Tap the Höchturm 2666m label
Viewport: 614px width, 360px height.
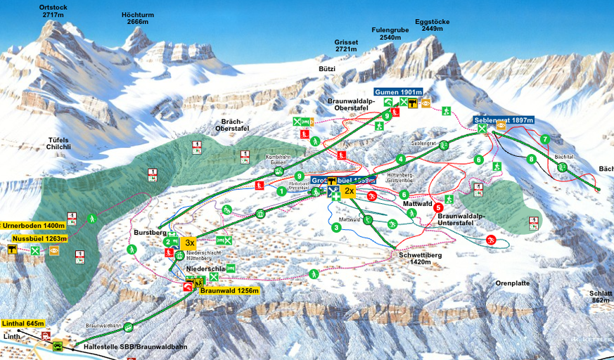click(x=137, y=18)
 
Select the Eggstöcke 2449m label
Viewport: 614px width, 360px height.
click(x=432, y=25)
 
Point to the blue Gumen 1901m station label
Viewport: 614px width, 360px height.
click(x=398, y=92)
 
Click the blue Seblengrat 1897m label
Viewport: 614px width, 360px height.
click(x=504, y=120)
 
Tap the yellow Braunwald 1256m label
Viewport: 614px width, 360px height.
click(x=229, y=290)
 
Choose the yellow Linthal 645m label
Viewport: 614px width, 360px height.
click(x=23, y=323)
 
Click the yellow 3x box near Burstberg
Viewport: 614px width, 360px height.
click(x=189, y=243)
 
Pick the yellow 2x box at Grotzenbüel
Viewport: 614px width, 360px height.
click(x=349, y=191)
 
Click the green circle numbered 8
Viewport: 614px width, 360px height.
click(x=531, y=159)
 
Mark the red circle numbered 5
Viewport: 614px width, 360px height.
click(x=438, y=207)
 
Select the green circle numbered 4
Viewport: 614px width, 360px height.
click(x=400, y=159)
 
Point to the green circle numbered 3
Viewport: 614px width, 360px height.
click(x=337, y=227)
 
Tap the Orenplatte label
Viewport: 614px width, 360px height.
click(x=511, y=283)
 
